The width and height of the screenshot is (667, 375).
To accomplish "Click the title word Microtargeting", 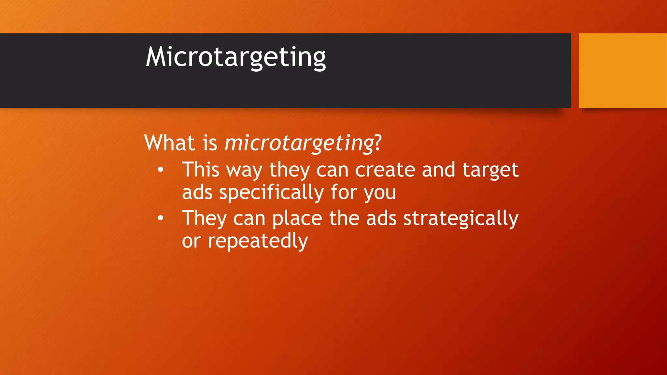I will click(235, 57).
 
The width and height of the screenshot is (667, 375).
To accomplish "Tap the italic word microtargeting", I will click(299, 143).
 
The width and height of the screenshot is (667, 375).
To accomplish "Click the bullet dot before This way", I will click(160, 170).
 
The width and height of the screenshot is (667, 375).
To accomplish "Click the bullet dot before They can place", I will click(160, 218).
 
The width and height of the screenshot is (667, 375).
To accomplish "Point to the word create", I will click(385, 170).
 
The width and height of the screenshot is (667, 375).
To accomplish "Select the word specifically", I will click(271, 193).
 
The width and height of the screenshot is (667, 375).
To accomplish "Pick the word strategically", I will click(461, 219).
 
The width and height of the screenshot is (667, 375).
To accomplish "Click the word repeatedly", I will click(258, 242).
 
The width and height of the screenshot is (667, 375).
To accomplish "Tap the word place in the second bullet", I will click(297, 219).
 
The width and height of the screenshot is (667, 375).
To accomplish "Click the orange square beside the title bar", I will click(623, 70).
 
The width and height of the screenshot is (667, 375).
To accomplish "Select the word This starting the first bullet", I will click(201, 170).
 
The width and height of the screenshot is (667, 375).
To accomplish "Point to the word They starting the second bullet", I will click(204, 218).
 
